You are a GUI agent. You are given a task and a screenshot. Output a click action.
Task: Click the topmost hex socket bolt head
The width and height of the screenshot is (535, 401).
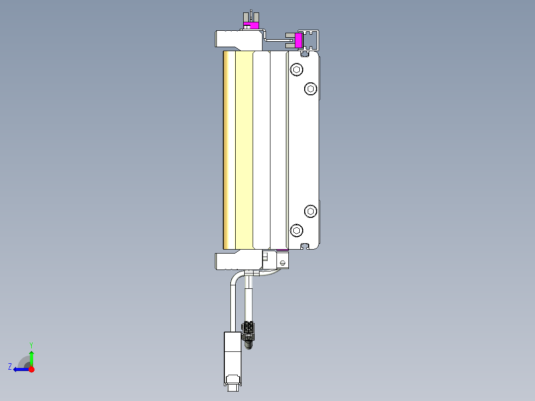click(296, 69)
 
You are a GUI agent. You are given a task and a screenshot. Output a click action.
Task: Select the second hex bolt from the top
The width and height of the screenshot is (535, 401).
click(311, 89)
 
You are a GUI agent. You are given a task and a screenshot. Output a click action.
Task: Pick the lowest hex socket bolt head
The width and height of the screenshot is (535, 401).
click(296, 230)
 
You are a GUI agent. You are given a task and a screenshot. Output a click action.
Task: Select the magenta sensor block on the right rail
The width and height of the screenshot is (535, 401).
click(299, 41)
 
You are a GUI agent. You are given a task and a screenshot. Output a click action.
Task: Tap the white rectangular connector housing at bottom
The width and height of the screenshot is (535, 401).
click(232, 357)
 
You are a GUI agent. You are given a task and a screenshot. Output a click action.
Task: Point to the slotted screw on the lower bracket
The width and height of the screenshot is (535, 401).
click(283, 263)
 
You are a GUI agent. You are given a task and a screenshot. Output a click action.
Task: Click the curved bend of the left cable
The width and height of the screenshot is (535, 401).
click(235, 278)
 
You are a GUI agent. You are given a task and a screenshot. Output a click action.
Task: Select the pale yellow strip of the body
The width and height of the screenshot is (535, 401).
click(244, 149)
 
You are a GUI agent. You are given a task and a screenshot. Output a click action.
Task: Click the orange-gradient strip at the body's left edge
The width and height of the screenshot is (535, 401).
click(229, 149)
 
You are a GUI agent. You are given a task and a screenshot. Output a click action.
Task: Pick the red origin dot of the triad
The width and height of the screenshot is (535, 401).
click(31, 369)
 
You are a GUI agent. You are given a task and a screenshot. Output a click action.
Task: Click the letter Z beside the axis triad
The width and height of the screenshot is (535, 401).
click(10, 367)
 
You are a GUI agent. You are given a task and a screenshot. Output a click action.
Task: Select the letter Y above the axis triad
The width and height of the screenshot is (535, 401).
click(31, 345)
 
